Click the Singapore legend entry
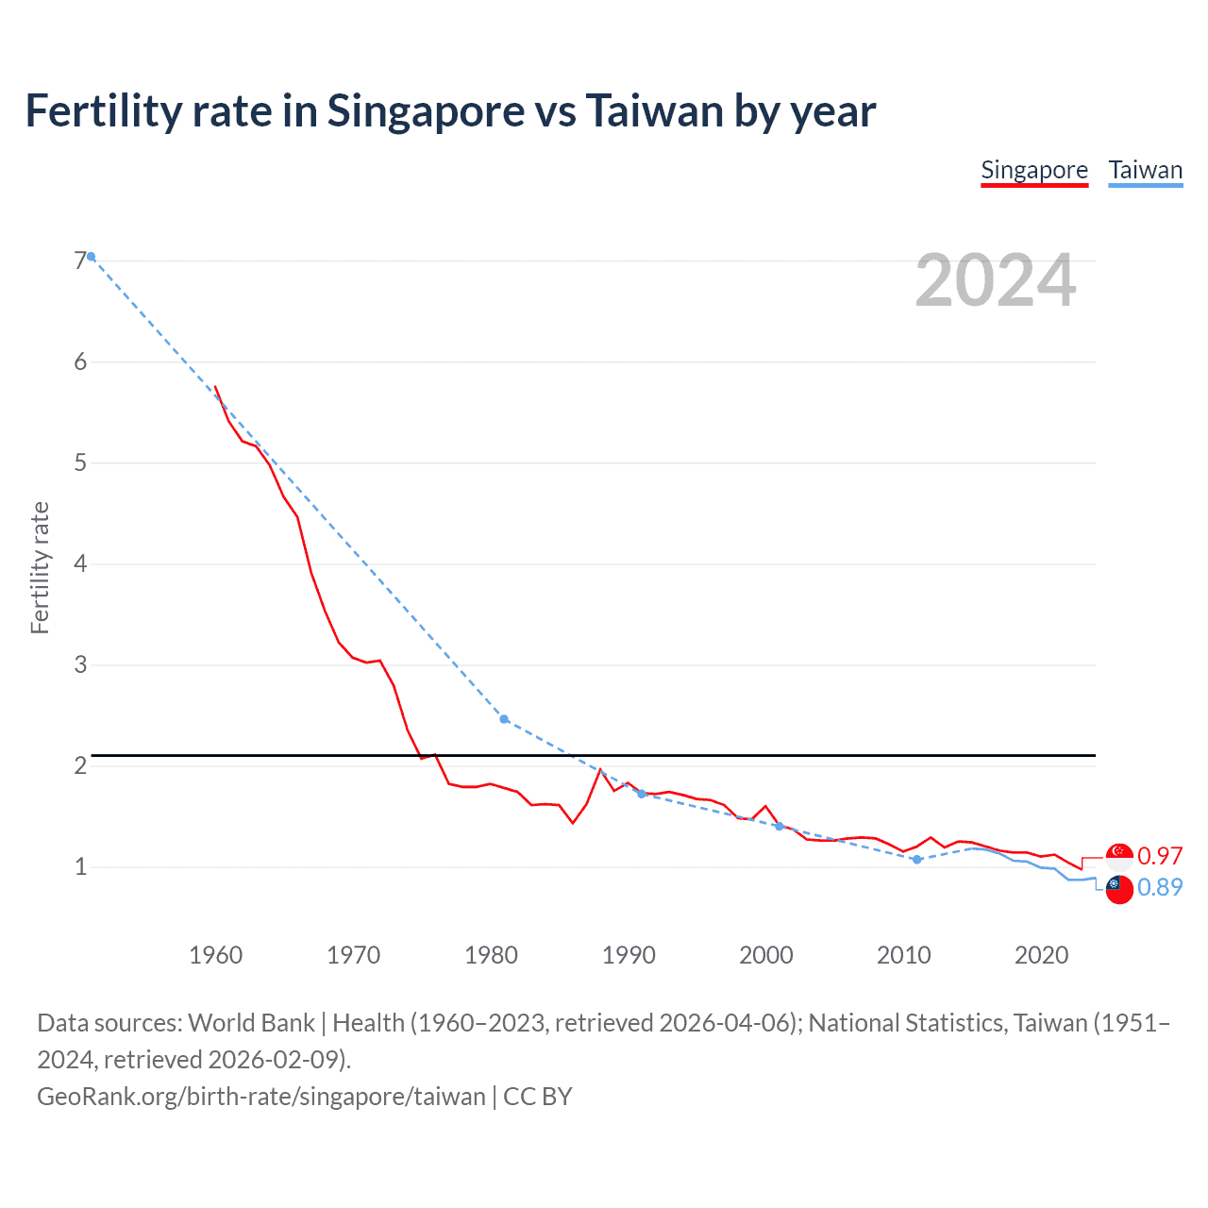point(1034,170)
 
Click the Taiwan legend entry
point(1145,170)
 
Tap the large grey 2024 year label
point(995,280)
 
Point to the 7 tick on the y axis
point(80,260)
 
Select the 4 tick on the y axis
point(80,563)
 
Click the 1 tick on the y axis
point(80,866)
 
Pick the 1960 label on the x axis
point(215,955)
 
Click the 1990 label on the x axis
point(629,955)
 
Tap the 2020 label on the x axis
point(1041,955)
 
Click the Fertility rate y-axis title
point(40,567)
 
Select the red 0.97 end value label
point(1160,856)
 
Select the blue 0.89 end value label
point(1160,887)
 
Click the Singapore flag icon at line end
point(1119,856)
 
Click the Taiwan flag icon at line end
point(1119,888)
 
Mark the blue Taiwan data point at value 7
point(91,257)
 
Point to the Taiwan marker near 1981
point(504,719)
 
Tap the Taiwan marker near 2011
point(916,859)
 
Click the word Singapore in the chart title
point(426,110)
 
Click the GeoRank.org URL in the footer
point(261,1096)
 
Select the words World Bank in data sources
point(252,1023)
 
